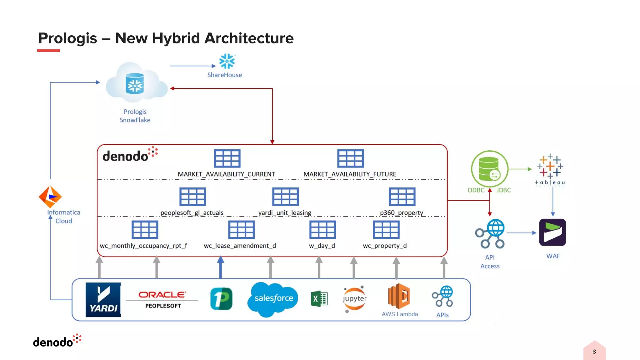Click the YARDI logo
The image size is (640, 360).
pyautogui.click(x=103, y=300)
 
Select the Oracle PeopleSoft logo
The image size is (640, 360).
pyautogui.click(x=162, y=299)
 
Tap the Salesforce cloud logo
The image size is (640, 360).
pyautogui.click(x=273, y=299)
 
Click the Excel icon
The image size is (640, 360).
pyautogui.click(x=319, y=299)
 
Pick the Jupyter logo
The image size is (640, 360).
pyautogui.click(x=355, y=299)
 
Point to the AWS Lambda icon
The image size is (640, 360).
pyautogui.click(x=399, y=296)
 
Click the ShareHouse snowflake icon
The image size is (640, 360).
pyautogui.click(x=227, y=61)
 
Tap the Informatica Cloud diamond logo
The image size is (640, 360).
pyautogui.click(x=50, y=197)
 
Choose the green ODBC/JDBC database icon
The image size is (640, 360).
pyautogui.click(x=489, y=169)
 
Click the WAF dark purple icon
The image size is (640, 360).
pyautogui.click(x=552, y=232)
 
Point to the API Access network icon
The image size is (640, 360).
pyautogui.click(x=490, y=234)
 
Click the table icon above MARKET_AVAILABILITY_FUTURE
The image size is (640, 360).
pyautogui.click(x=350, y=158)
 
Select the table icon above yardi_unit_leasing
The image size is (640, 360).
pyautogui.click(x=285, y=197)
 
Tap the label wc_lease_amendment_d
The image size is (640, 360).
pyautogui.click(x=240, y=246)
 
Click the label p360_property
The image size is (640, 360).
pyautogui.click(x=401, y=213)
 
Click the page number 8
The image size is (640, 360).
pyautogui.click(x=594, y=352)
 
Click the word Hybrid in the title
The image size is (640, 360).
pyautogui.click(x=176, y=38)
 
